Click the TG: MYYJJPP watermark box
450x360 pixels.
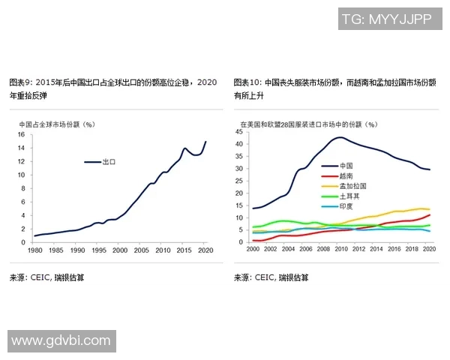click(386, 19)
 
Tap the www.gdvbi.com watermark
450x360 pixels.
click(60, 341)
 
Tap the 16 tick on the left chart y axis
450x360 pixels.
click(22, 135)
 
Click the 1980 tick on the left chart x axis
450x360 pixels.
click(35, 250)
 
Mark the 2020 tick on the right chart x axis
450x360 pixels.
click(429, 249)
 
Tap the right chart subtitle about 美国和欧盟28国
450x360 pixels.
click(308, 124)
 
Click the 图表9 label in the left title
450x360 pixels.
click(20, 81)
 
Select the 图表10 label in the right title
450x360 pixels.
click(247, 81)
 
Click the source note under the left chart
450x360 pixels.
click(46, 277)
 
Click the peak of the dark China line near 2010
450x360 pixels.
click(340, 137)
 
